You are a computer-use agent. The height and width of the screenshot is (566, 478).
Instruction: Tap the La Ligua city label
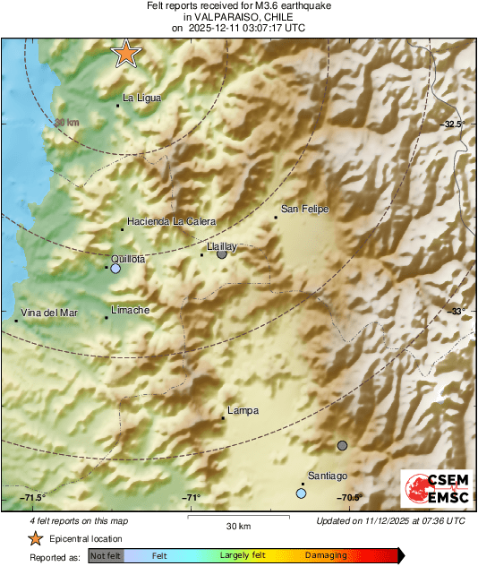(x=141, y=99)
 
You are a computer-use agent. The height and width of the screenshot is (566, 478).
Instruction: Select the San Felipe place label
(x=305, y=210)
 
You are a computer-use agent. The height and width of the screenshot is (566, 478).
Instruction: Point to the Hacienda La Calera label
(x=171, y=221)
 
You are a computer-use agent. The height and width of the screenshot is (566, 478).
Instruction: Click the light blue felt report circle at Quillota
(x=115, y=268)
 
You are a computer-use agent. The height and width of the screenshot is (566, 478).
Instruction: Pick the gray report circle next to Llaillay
(x=222, y=254)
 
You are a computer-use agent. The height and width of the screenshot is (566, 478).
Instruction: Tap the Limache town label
(x=130, y=310)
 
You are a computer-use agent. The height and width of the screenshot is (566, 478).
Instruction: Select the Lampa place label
(x=243, y=411)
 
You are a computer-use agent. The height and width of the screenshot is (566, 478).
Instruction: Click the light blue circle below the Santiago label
(x=301, y=493)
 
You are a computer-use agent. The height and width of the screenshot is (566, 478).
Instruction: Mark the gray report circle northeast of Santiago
(x=342, y=445)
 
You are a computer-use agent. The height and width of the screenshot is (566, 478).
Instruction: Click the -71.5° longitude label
(x=33, y=498)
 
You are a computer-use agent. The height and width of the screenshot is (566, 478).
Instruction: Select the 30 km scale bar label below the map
(x=237, y=525)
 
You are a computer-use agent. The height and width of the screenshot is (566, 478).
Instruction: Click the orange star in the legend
(x=35, y=538)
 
